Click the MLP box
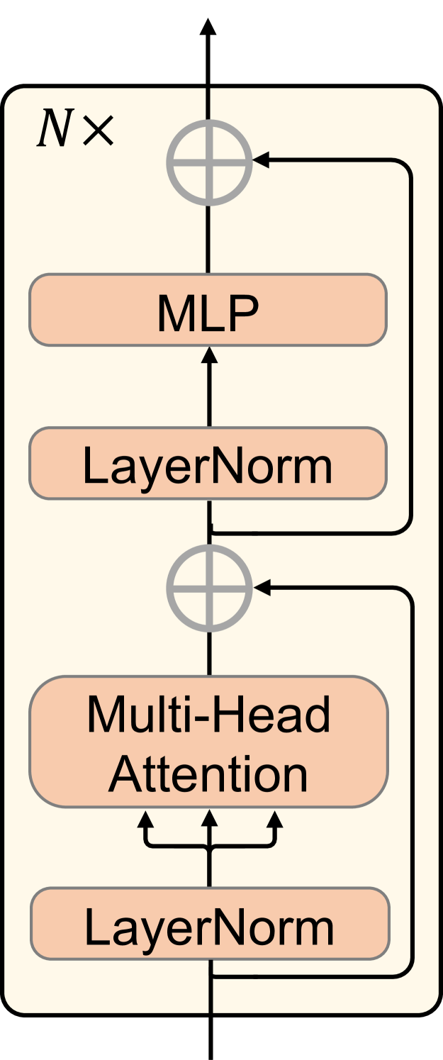point(208,311)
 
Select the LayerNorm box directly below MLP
point(208,464)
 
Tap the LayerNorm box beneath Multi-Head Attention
point(209,924)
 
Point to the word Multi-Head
point(208,715)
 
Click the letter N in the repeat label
point(52,130)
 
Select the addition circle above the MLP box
point(209,162)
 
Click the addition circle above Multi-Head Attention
point(209,588)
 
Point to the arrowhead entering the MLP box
point(209,355)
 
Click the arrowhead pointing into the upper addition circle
point(262,161)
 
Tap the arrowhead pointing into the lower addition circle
point(262,587)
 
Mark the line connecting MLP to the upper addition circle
point(209,240)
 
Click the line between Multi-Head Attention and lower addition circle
point(209,652)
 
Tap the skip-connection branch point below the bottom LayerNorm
point(211,977)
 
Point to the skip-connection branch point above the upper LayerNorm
point(211,531)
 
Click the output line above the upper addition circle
point(209,104)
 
